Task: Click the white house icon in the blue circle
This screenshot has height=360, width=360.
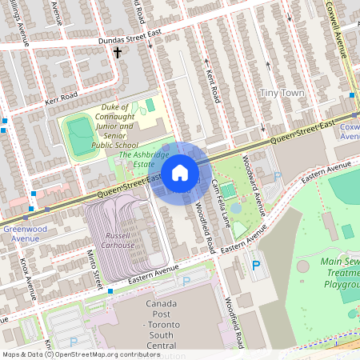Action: coord(180,172)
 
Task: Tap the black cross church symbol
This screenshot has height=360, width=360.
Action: coord(118,54)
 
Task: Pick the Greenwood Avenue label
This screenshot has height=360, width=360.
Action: coord(21,233)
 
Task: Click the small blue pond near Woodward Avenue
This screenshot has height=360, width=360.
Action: coord(236,209)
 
